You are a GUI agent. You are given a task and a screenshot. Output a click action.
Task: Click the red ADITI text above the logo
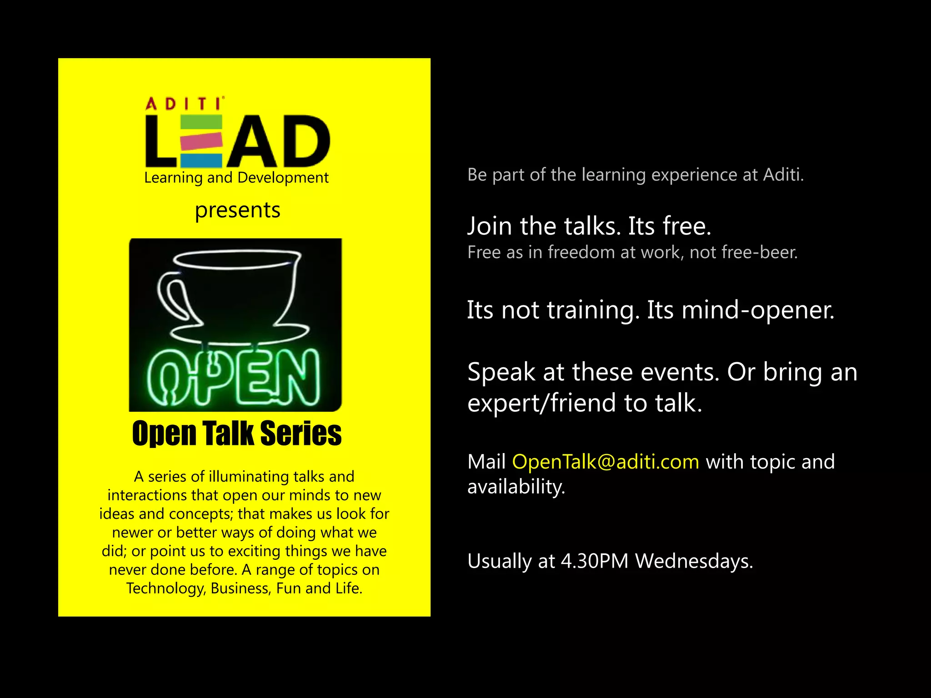184,104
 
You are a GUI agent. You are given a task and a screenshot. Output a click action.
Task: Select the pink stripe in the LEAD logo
201,141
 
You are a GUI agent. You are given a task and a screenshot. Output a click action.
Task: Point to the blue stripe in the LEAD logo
201,160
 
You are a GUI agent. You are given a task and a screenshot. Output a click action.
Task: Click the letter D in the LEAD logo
304,142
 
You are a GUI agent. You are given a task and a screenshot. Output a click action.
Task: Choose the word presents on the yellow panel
237,210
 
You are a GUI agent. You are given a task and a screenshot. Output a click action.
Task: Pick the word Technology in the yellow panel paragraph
166,588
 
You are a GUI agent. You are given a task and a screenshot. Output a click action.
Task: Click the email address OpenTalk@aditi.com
606,462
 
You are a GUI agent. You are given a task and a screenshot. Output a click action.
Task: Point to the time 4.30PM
595,561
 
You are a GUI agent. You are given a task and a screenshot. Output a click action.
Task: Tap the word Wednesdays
694,561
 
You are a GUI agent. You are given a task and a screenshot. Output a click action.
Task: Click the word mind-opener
758,310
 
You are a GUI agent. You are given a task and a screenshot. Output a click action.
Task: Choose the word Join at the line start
490,226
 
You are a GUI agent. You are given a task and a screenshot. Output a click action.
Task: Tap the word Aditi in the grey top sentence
783,175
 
